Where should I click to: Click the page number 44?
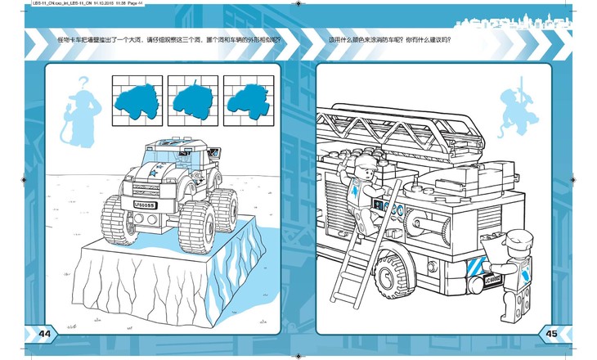(43, 332)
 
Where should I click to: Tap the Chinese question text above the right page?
(389, 39)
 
